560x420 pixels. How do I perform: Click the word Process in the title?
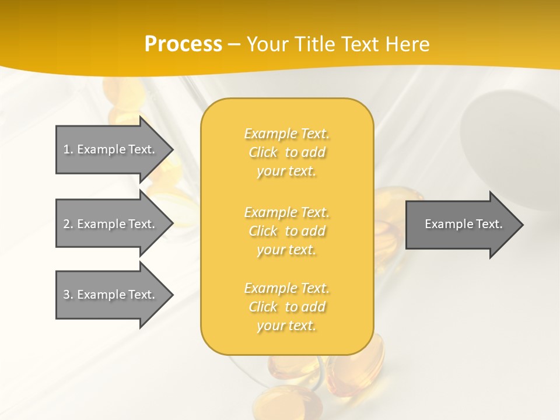click(x=183, y=44)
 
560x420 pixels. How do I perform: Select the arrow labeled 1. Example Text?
click(x=111, y=149)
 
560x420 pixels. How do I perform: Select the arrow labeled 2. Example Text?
click(x=111, y=224)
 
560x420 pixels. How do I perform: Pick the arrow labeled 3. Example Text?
click(x=111, y=295)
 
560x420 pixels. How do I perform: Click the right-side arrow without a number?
click(x=461, y=224)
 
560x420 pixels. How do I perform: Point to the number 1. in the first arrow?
click(x=68, y=149)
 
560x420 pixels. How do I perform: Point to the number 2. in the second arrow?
click(x=68, y=224)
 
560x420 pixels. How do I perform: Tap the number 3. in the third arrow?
click(x=68, y=295)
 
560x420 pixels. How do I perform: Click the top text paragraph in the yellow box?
click(x=287, y=152)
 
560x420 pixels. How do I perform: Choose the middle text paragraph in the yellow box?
click(x=287, y=231)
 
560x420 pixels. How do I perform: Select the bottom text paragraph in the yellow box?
click(x=287, y=307)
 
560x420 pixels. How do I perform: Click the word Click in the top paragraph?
click(x=263, y=152)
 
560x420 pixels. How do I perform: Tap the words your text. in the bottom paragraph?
click(x=286, y=325)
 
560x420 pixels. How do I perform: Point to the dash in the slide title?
click(x=234, y=44)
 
